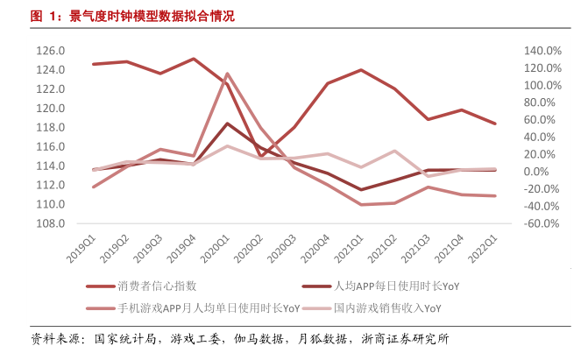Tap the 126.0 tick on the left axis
point(51,51)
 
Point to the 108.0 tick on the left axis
point(51,223)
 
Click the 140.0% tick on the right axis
point(542,51)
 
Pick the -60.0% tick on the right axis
point(542,223)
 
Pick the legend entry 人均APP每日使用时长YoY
point(396,286)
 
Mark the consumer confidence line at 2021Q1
point(361,70)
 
